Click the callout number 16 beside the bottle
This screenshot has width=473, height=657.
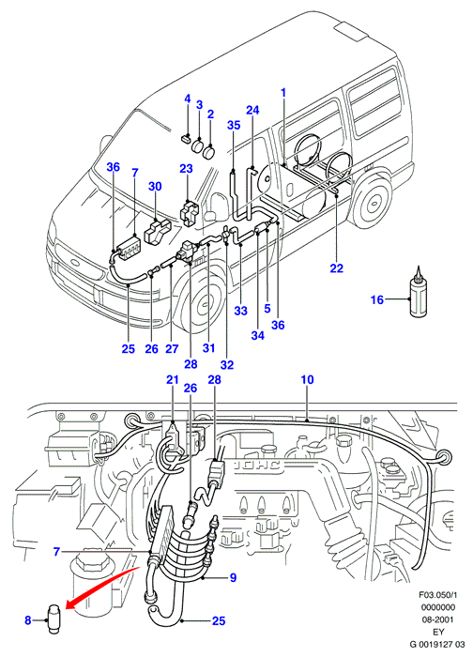coord(377,299)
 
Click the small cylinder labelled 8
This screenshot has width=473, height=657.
coord(53,619)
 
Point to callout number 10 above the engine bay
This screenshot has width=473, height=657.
coord(307,379)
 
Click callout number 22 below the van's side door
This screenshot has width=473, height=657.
coord(336,267)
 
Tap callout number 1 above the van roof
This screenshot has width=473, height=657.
coord(283,93)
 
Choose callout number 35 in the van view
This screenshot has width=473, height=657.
coord(235,125)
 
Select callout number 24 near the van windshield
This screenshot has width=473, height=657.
coord(252,110)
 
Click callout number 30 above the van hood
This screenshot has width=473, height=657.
coord(155,186)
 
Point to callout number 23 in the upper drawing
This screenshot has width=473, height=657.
coord(186,168)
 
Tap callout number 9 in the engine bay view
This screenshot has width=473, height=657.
coord(234,577)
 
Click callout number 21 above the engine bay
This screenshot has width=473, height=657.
coord(172,379)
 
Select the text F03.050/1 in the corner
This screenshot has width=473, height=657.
coord(437,594)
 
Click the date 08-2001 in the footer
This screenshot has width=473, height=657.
coord(437,619)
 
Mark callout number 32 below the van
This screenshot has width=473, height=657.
coord(227,365)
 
